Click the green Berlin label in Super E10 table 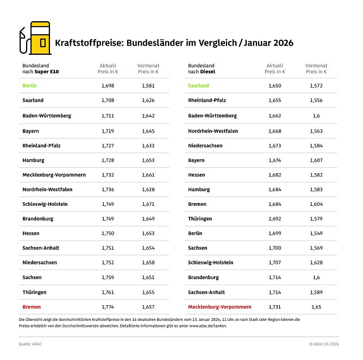[29, 86]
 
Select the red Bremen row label [32, 307]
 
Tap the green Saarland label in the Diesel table [198, 86]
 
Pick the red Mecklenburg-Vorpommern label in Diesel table [220, 307]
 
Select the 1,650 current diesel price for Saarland [274, 86]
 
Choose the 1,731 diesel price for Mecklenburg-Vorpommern [274, 307]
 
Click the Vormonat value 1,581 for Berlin [148, 86]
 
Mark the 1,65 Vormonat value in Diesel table [316, 307]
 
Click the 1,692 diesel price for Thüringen [274, 218]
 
